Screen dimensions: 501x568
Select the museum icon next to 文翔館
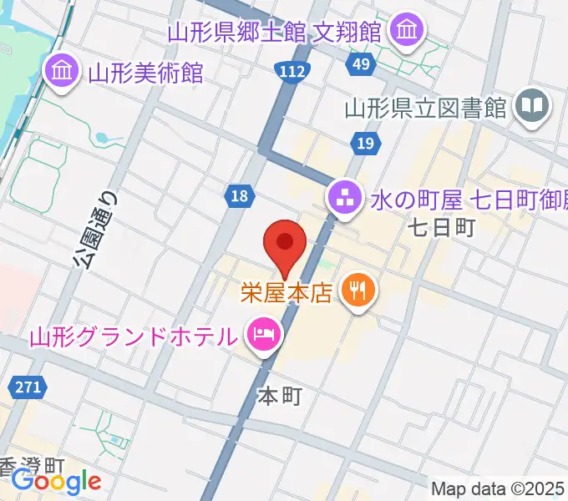pyautogui.click(x=408, y=31)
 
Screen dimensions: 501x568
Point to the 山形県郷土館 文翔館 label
pyautogui.click(x=276, y=33)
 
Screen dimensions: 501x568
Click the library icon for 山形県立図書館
pyautogui.click(x=531, y=106)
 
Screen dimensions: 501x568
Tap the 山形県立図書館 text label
pyautogui.click(x=426, y=109)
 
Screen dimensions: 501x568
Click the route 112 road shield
pyautogui.click(x=292, y=73)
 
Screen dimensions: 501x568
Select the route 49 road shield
pyautogui.click(x=362, y=64)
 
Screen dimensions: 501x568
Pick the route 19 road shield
pyautogui.click(x=363, y=145)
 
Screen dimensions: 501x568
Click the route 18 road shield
pyautogui.click(x=240, y=196)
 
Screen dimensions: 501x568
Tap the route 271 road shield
pyautogui.click(x=28, y=387)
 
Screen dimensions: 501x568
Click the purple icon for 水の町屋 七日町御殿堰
pyautogui.click(x=343, y=199)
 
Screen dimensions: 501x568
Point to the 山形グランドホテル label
pyautogui.click(x=134, y=337)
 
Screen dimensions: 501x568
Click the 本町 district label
pyautogui.click(x=280, y=396)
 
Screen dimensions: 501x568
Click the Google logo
pyautogui.click(x=56, y=481)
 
